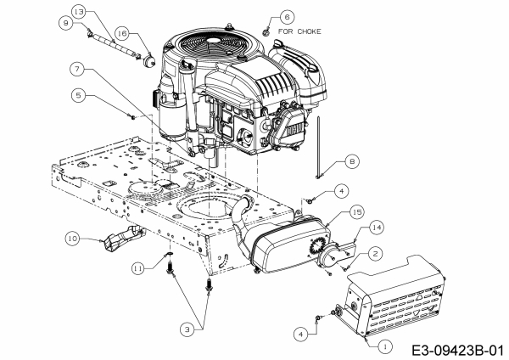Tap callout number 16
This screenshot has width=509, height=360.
pyautogui.click(x=122, y=33)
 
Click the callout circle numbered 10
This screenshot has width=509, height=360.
pyautogui.click(x=75, y=240)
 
